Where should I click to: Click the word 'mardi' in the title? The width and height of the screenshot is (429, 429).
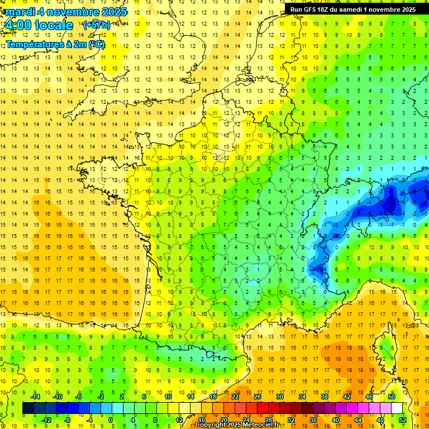(19, 12)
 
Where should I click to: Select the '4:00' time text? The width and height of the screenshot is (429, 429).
(18, 25)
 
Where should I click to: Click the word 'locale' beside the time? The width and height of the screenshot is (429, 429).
(54, 25)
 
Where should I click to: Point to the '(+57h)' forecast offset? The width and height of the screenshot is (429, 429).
(96, 25)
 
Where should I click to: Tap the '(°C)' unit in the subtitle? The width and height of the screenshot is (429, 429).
(96, 45)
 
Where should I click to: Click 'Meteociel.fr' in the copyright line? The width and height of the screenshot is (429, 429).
(265, 425)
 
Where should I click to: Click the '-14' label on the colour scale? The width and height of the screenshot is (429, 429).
(36, 397)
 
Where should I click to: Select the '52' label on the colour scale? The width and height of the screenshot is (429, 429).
(403, 420)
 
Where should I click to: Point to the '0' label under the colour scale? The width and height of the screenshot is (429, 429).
(111, 420)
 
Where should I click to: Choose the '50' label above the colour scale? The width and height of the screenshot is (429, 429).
(392, 397)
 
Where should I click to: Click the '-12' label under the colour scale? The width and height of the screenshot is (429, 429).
(46, 420)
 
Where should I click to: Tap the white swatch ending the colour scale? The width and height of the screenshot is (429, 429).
(397, 408)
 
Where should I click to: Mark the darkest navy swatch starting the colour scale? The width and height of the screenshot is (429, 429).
(28, 408)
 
